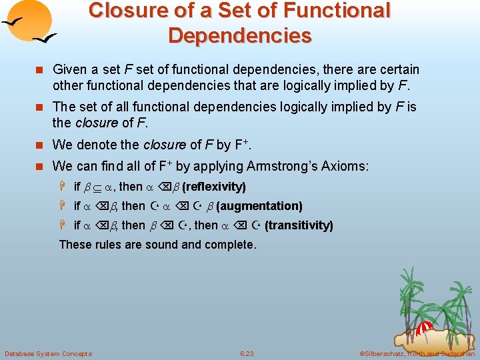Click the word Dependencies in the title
pyautogui.click(x=240, y=35)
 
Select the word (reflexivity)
pyautogui.click(x=213, y=187)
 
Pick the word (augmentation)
pyautogui.click(x=259, y=206)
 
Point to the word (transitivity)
pyautogui.click(x=299, y=225)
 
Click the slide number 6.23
pyautogui.click(x=247, y=353)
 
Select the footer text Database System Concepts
pyautogui.click(x=48, y=353)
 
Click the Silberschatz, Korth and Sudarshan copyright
pyautogui.click(x=417, y=353)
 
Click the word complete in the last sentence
pyautogui.click(x=231, y=245)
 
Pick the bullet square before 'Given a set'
pyautogui.click(x=41, y=70)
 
